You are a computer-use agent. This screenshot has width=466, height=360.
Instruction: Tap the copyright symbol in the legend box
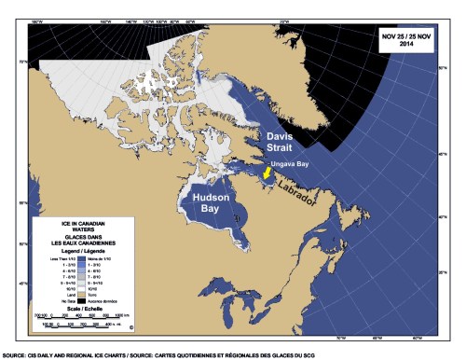pyautogui.click(x=131, y=327)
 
